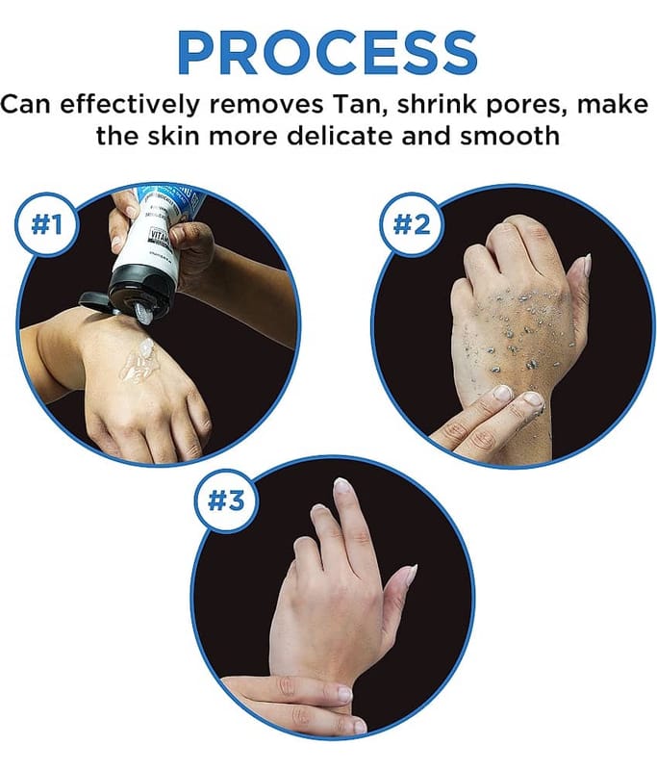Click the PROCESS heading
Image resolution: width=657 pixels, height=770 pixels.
pyautogui.click(x=327, y=54)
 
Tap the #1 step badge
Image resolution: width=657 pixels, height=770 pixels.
pyautogui.click(x=46, y=224)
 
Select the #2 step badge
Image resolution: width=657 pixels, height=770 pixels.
pyautogui.click(x=412, y=224)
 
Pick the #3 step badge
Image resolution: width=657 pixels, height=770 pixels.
pyautogui.click(x=226, y=500)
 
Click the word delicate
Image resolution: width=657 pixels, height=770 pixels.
pyautogui.click(x=340, y=136)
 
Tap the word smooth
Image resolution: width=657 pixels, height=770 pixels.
pyautogui.click(x=510, y=136)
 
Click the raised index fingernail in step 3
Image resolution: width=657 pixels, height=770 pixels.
pyautogui.click(x=341, y=485)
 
